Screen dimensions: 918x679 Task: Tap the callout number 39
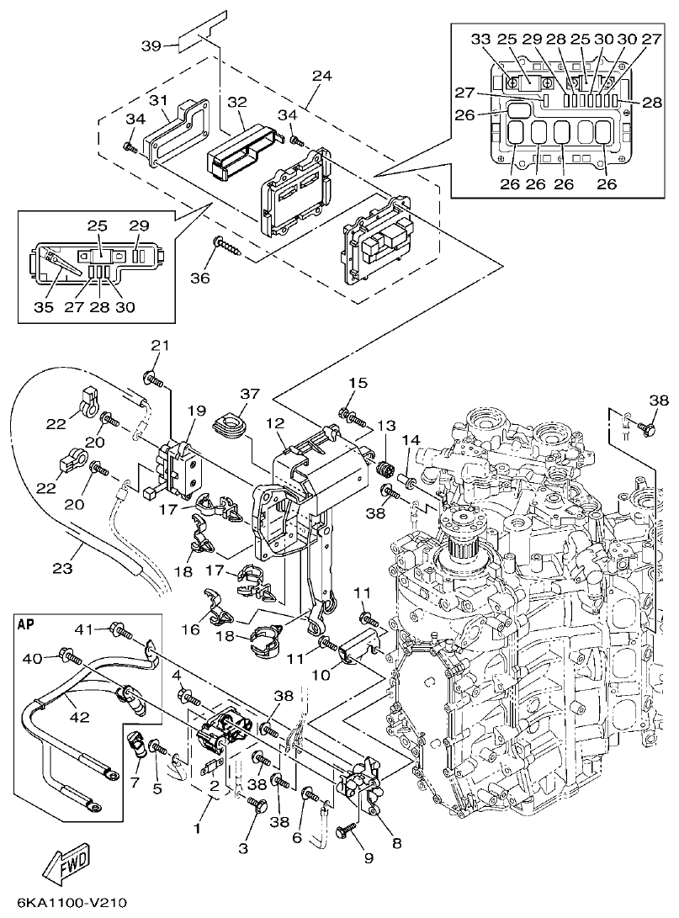coord(151,45)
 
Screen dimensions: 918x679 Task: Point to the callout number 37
coord(250,394)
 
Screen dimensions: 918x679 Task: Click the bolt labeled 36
coord(227,243)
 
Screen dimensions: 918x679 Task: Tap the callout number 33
coord(480,39)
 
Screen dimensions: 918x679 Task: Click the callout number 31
coord(159,99)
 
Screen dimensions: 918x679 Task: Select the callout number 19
coord(196,411)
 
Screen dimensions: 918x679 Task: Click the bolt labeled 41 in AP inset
coord(119,629)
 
